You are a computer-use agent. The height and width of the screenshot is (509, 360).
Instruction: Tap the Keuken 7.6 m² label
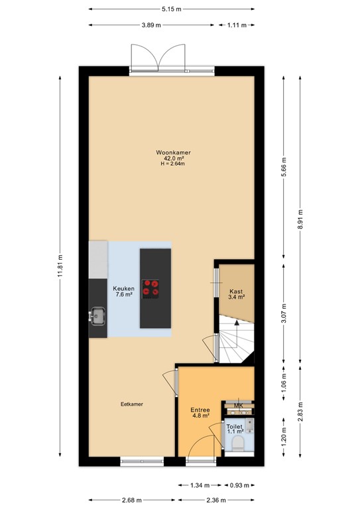click(124, 291)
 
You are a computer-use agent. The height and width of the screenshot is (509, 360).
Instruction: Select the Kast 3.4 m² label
click(237, 294)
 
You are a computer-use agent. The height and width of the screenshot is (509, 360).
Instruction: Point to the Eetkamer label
click(132, 404)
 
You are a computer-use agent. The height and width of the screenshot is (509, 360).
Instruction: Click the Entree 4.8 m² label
click(200, 412)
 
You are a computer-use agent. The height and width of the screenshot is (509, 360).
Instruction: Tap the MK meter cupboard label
click(238, 406)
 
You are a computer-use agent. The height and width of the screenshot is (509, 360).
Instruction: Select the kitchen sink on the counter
click(98, 316)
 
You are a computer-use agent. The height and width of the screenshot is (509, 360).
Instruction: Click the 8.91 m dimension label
click(300, 225)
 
